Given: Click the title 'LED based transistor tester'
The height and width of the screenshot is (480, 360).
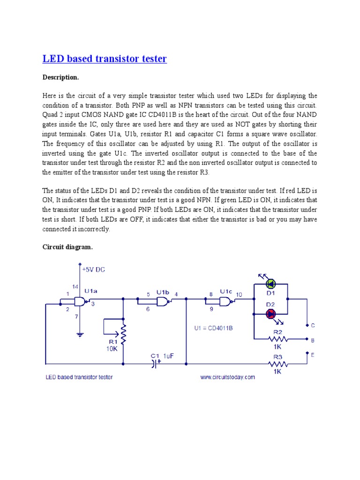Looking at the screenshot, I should (105, 59).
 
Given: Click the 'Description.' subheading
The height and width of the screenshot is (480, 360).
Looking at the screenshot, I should (61, 77).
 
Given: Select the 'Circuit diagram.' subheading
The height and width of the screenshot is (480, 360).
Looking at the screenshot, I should (68, 247).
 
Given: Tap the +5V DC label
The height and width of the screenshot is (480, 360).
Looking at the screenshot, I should (94, 270).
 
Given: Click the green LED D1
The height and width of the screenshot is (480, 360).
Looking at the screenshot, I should (271, 284).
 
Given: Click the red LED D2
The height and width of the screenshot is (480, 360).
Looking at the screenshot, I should (271, 315).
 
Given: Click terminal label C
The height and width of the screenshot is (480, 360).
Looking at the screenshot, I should (313, 325).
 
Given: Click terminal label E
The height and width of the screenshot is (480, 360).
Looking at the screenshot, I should (313, 355).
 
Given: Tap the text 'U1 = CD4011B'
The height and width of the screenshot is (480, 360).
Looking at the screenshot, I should (213, 328).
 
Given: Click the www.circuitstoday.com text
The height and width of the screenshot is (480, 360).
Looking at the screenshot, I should (227, 377).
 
